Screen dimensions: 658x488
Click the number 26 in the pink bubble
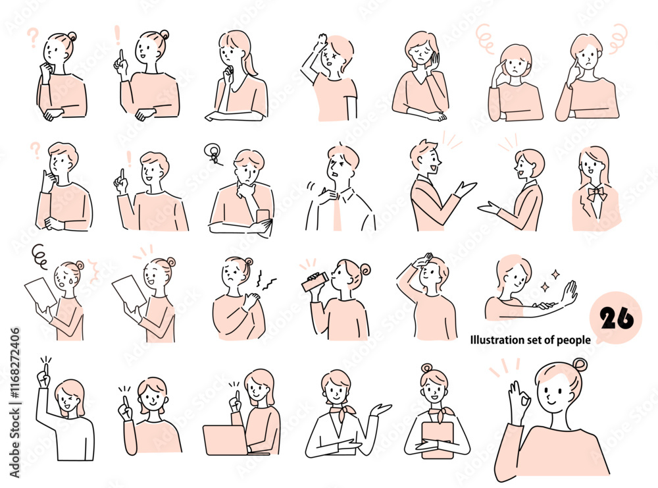tap(616, 318)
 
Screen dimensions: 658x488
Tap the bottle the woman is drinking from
tap(315, 281)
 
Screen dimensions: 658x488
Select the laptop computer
tap(226, 441)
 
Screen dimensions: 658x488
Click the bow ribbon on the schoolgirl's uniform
tap(596, 194)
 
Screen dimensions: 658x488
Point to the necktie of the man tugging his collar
tap(338, 212)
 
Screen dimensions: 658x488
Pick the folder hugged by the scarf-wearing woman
tap(438, 439)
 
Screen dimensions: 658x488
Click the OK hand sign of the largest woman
tap(519, 399)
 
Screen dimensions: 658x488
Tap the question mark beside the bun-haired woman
tap(33, 38)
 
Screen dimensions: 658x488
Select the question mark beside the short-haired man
tap(36, 151)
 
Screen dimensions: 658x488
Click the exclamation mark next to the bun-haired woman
tap(118, 36)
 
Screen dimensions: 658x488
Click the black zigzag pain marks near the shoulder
tap(265, 281)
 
